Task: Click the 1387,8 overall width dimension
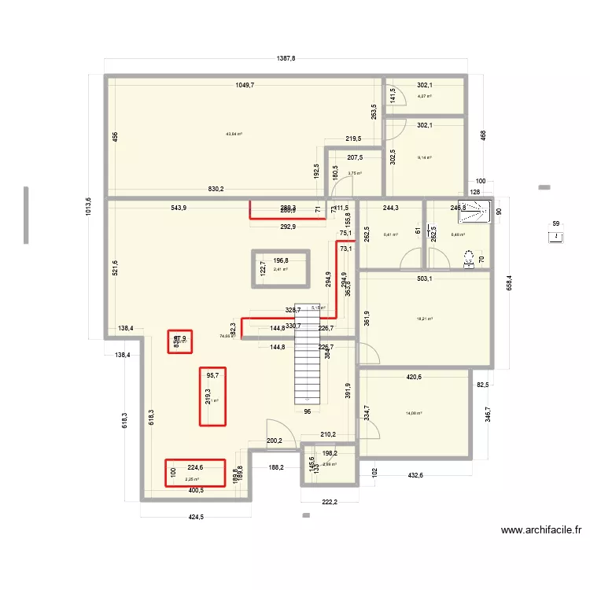click(286, 59)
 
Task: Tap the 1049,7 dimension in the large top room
click(242, 85)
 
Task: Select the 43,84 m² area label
click(234, 135)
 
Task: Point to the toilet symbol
click(470, 259)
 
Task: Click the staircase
click(308, 354)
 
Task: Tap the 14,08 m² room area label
click(414, 413)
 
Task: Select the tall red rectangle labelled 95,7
click(212, 397)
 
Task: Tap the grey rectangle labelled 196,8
click(281, 266)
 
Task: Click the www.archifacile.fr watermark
click(541, 531)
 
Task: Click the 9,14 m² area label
click(424, 158)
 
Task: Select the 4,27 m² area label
click(424, 97)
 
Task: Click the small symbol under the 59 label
click(557, 236)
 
